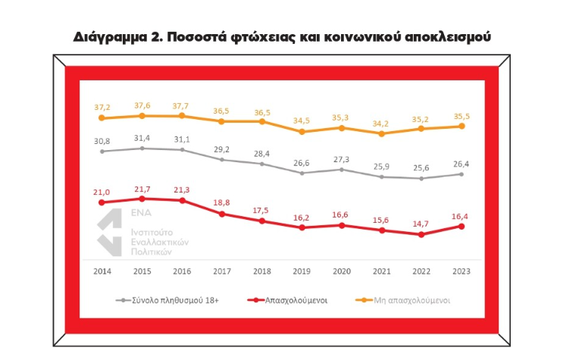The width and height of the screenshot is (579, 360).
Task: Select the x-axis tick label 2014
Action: coord(102,271)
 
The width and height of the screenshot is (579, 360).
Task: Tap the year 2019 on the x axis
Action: coord(302,271)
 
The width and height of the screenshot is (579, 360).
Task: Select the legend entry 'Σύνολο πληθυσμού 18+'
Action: coord(171,299)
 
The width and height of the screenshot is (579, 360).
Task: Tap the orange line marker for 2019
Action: coord(302,132)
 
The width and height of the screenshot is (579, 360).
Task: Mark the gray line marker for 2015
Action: coord(142,149)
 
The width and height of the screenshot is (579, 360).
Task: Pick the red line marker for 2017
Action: coord(222,214)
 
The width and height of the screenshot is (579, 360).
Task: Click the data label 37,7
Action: coord(182,105)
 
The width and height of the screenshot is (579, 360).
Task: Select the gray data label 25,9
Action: coord(382,166)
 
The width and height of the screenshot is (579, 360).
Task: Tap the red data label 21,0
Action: coord(102,192)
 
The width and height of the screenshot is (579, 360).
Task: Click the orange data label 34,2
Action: coord(382,123)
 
